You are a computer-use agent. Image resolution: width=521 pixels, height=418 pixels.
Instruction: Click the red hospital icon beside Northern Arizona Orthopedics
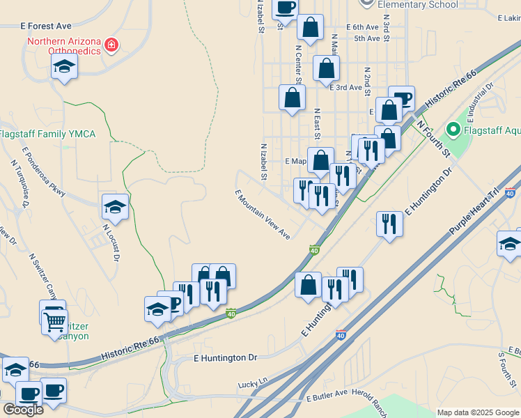[111, 46]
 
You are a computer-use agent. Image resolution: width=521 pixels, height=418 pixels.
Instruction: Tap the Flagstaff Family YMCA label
[47, 134]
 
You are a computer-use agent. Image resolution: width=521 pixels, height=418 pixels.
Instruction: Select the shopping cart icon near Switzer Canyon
[54, 323]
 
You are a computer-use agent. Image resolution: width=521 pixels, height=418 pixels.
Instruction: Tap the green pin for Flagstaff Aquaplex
[453, 129]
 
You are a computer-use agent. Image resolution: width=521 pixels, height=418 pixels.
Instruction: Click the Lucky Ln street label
[252, 384]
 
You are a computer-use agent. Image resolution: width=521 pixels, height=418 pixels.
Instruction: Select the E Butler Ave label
[327, 398]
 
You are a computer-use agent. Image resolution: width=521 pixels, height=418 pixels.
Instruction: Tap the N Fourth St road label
[433, 139]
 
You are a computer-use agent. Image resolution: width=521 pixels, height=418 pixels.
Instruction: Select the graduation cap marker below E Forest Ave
[65, 66]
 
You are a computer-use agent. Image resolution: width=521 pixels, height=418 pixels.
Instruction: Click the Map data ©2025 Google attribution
[478, 412]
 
